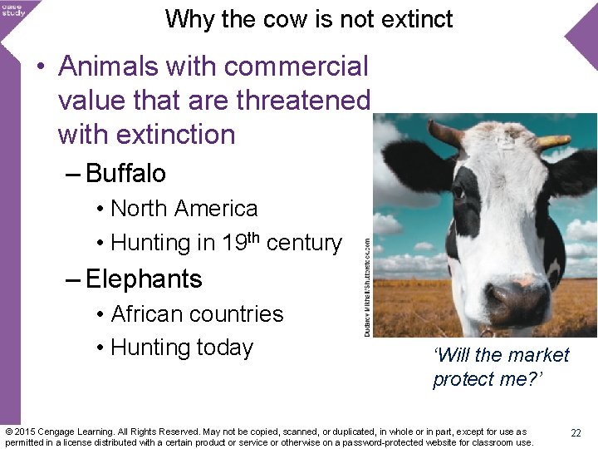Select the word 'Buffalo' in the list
[x=125, y=173]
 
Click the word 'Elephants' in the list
[x=144, y=279]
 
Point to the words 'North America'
[x=184, y=208]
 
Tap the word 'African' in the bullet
[x=149, y=313]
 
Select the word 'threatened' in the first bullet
[x=302, y=100]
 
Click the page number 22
[x=576, y=433]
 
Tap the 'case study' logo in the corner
[x=13, y=9]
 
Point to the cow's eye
[x=459, y=193]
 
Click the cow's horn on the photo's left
[x=444, y=133]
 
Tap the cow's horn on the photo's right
[x=551, y=141]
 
